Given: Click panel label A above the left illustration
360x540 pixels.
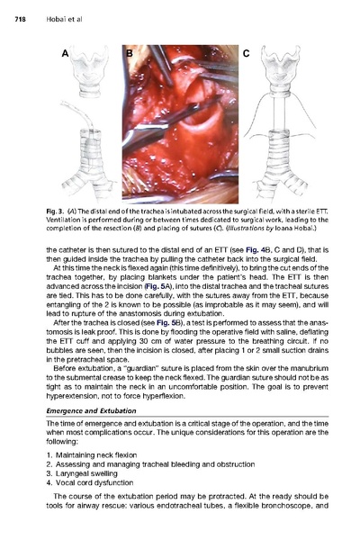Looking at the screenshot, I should (66, 53).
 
